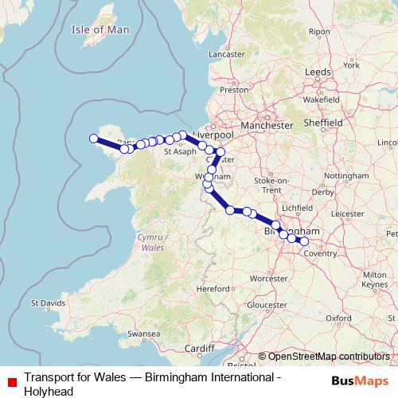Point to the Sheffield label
pos(324,123)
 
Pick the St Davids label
pos(46,303)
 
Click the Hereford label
pos(213,288)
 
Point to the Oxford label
pos(337,317)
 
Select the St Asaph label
pos(180,150)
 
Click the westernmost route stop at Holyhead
pos(94,139)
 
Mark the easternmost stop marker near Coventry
pos(303,240)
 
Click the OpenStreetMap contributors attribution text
pos(328,357)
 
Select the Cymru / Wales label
pos(152,243)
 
